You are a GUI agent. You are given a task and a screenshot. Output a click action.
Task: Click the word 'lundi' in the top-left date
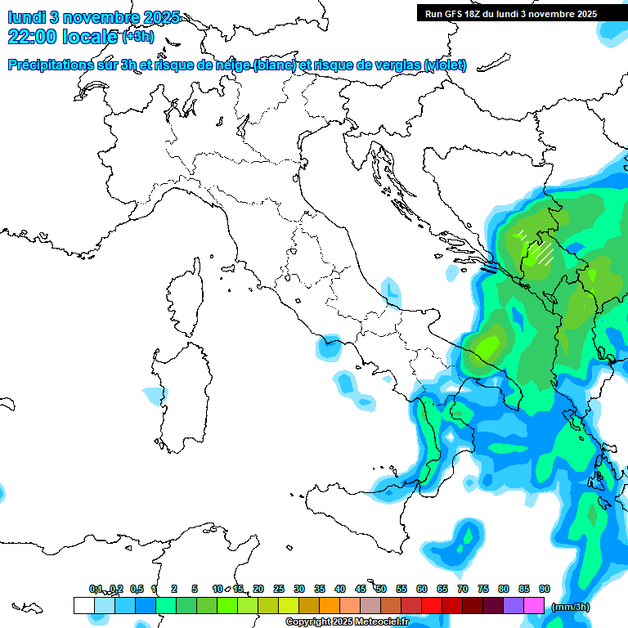tap(26, 18)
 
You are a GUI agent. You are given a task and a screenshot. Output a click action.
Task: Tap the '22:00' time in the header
tap(31, 36)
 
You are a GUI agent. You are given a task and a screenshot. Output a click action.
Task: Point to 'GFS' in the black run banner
tap(454, 14)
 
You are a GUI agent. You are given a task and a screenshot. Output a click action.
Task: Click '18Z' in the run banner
tap(476, 14)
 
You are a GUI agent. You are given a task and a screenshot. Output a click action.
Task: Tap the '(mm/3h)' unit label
tap(572, 607)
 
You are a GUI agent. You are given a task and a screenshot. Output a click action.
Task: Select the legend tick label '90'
tap(545, 589)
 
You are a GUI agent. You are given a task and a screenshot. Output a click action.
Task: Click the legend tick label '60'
tap(422, 589)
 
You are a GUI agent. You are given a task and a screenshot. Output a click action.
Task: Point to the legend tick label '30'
tap(299, 589)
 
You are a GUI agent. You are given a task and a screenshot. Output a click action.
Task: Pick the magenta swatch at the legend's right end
tap(534, 605)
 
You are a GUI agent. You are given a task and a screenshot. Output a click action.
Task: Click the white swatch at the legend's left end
tap(83, 605)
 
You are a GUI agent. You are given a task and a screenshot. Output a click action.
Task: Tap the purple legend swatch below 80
tap(514, 605)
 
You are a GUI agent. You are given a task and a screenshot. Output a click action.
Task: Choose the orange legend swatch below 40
tap(330, 605)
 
